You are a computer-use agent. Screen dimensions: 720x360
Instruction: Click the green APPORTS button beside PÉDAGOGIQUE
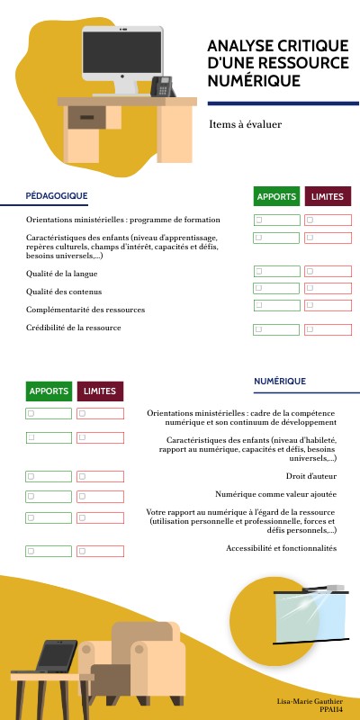(276, 197)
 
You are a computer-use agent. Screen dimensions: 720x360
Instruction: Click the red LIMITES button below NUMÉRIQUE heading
(100, 391)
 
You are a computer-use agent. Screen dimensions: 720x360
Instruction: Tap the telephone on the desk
(162, 86)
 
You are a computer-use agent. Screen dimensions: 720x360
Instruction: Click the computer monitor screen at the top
(122, 53)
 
